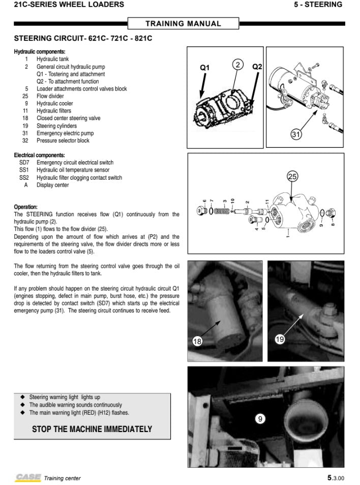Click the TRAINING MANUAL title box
pyautogui.click(x=183, y=23)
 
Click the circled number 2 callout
pyautogui.click(x=237, y=65)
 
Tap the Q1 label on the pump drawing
pyautogui.click(x=204, y=67)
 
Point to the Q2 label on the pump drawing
pyautogui.click(x=257, y=67)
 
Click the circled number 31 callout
pyautogui.click(x=296, y=134)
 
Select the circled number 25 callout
pyautogui.click(x=292, y=176)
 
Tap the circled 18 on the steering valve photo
pyautogui.click(x=198, y=341)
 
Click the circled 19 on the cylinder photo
pyautogui.click(x=280, y=339)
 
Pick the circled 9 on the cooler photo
pyautogui.click(x=260, y=419)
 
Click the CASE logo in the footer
pyautogui.click(x=27, y=477)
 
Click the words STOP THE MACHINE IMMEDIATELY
pyautogui.click(x=92, y=429)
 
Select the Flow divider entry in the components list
pyautogui.click(x=50, y=96)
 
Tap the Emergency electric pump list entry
pyautogui.click(x=65, y=133)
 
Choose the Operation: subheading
pyautogui.click(x=26, y=207)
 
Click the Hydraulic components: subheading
pyautogui.click(x=40, y=52)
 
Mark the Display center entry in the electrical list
pyautogui.click(x=52, y=185)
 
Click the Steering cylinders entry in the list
pyautogui.click(x=56, y=126)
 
